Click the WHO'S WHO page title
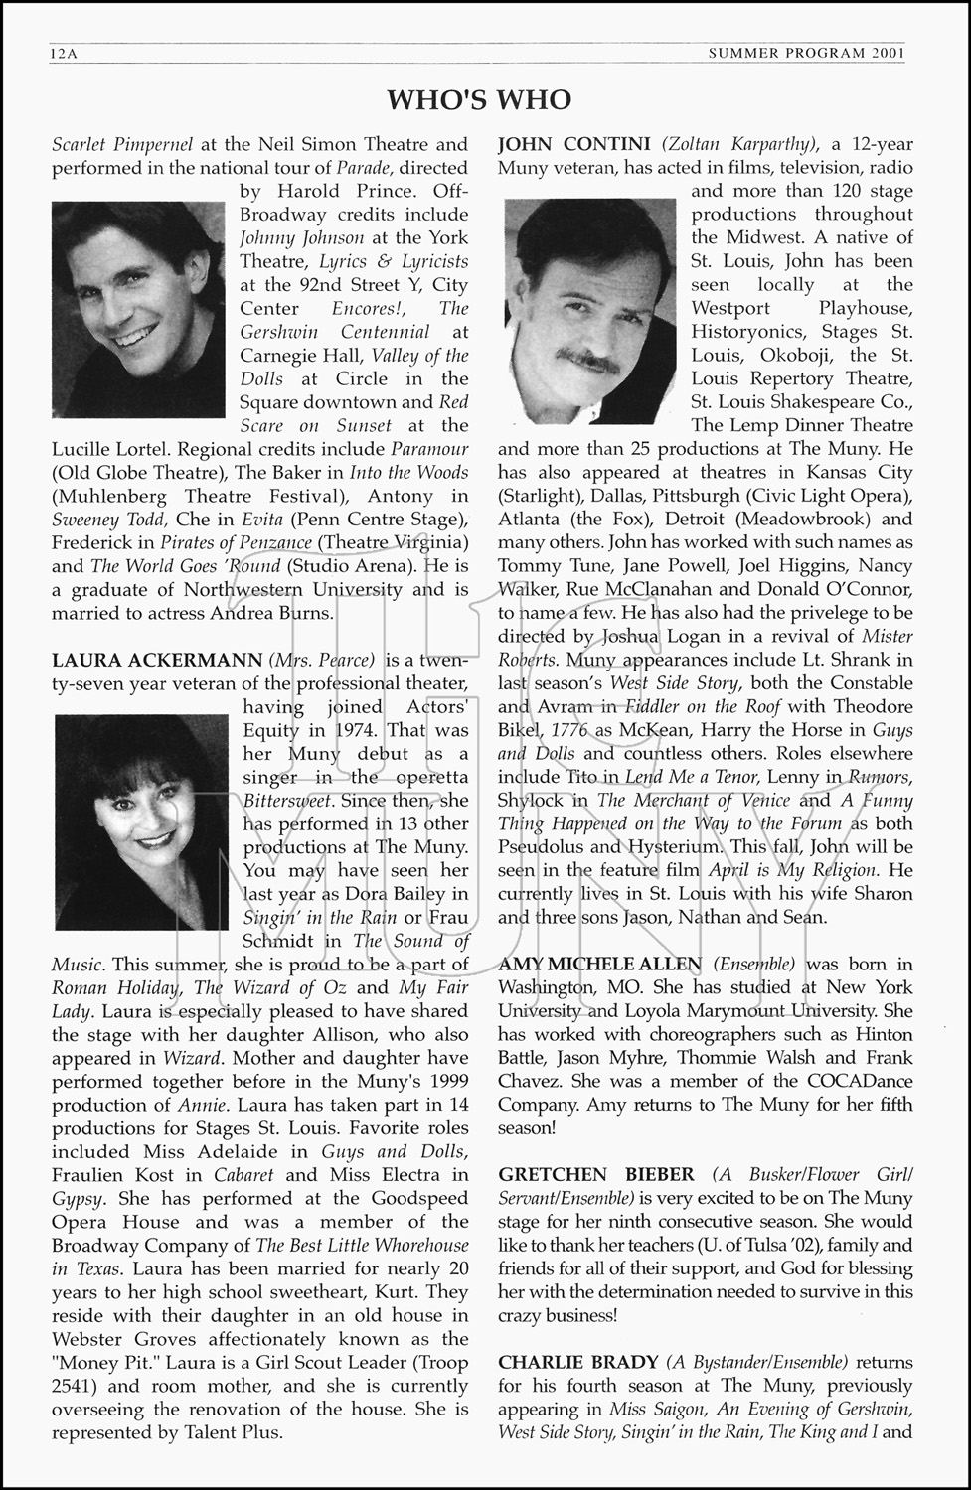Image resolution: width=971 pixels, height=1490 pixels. pyautogui.click(x=479, y=99)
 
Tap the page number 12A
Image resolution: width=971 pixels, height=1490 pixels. pyautogui.click(x=63, y=54)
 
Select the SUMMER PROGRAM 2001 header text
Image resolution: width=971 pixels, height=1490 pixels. pyautogui.click(x=806, y=54)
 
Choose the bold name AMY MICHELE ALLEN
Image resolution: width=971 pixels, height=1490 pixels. pyautogui.click(x=599, y=965)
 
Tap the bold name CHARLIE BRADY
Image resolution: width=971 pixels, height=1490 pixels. pyautogui.click(x=578, y=1362)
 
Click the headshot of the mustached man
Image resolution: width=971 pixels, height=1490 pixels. pyautogui.click(x=590, y=296)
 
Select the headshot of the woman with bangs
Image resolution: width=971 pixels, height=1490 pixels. pyautogui.click(x=142, y=821)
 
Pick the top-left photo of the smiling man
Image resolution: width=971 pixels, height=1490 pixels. pyautogui.click(x=139, y=309)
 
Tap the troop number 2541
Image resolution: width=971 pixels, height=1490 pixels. pyautogui.click(x=81, y=1386)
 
